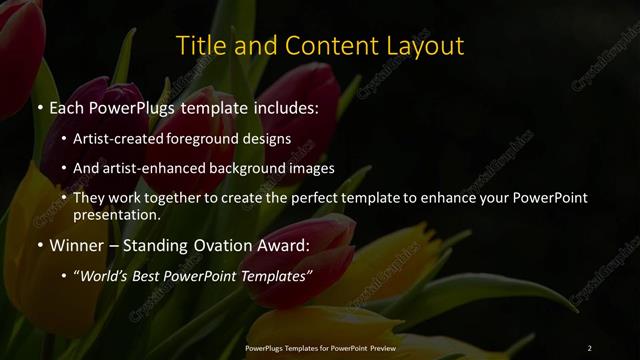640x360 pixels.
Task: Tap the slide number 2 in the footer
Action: pos(590,347)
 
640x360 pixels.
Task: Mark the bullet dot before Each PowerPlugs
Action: pos(39,106)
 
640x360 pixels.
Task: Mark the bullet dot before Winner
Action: pos(39,245)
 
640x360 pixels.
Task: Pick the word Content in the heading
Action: pos(321,46)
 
